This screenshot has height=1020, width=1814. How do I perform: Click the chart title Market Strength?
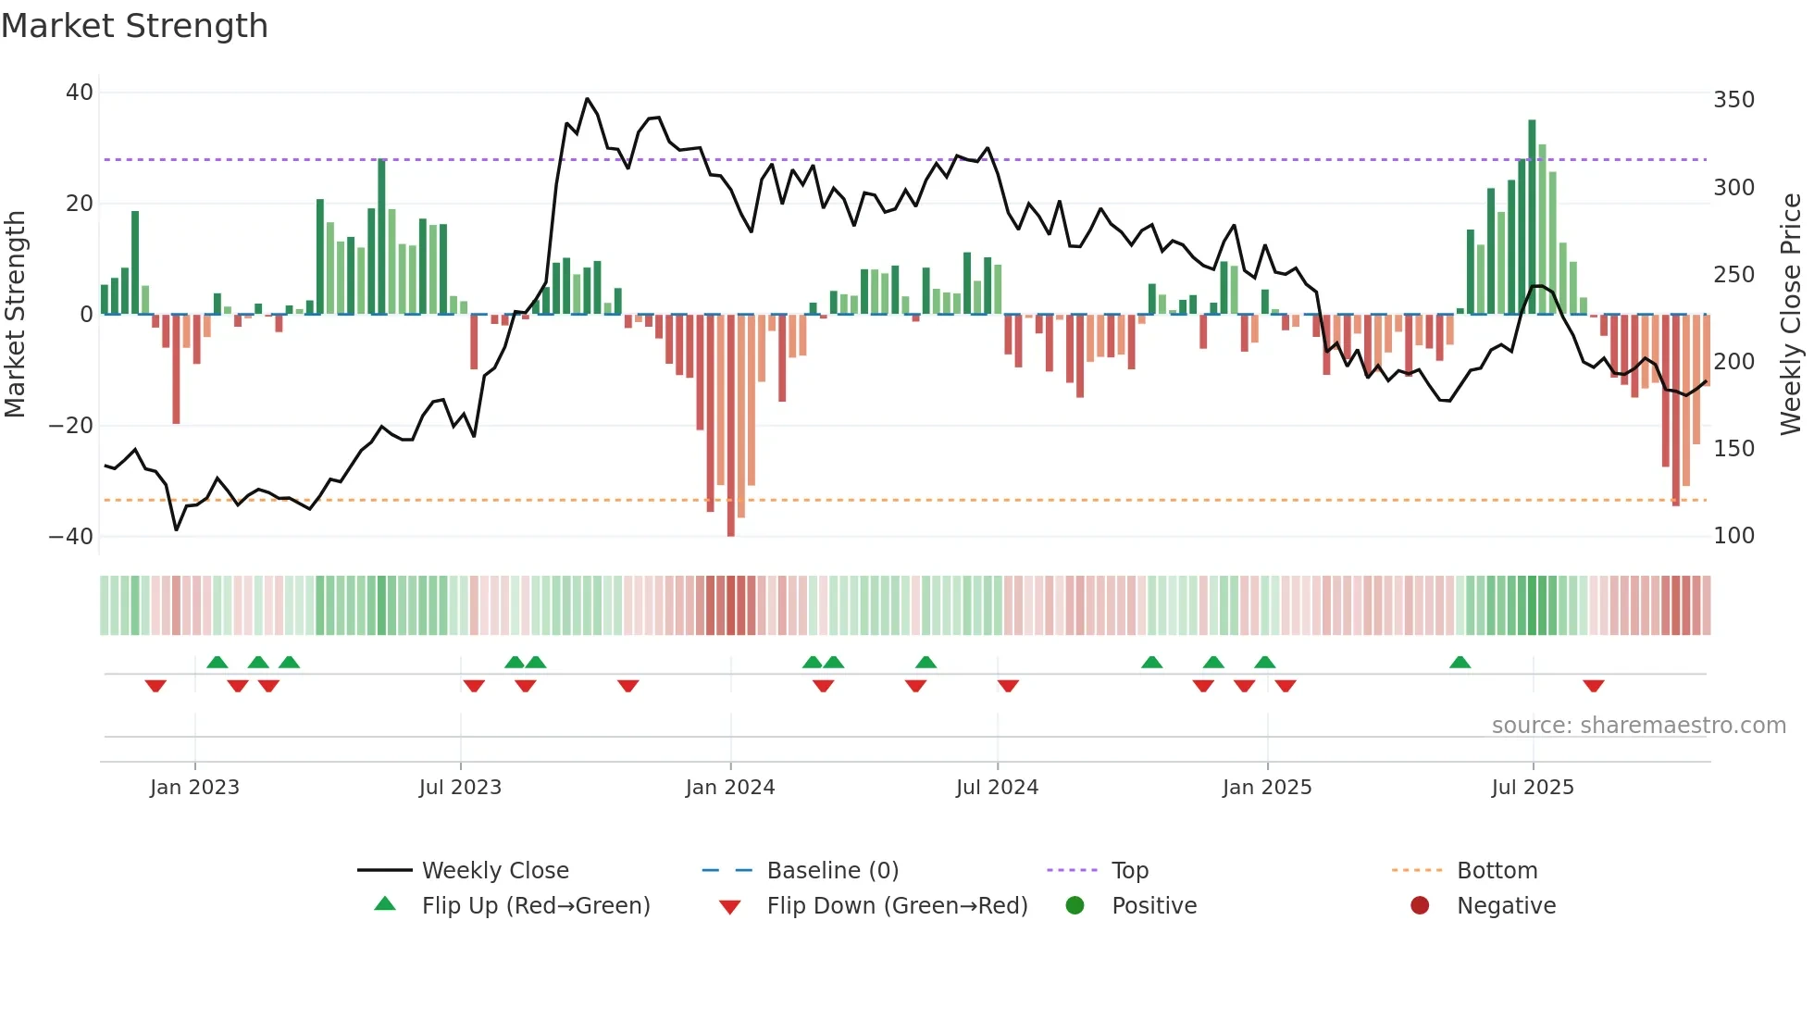click(x=134, y=26)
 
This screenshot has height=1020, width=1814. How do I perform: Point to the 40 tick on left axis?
click(x=80, y=93)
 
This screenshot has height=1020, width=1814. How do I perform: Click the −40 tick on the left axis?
click(x=71, y=537)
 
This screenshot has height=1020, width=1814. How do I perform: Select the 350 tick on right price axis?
click(x=1733, y=100)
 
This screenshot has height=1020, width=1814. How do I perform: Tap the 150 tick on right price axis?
click(x=1733, y=449)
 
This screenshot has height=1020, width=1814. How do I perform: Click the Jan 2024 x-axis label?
click(x=730, y=788)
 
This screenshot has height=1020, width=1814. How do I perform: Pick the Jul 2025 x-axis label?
click(x=1533, y=788)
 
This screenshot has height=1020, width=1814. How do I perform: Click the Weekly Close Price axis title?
click(x=1791, y=315)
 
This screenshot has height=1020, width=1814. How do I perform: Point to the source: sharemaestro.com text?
click(x=1638, y=726)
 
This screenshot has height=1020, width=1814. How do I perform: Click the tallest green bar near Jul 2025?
click(x=1532, y=218)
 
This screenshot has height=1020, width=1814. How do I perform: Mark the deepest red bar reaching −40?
click(x=731, y=426)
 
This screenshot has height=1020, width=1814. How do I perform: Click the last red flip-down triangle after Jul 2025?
click(x=1593, y=686)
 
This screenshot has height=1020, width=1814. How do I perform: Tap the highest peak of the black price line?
click(x=587, y=99)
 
